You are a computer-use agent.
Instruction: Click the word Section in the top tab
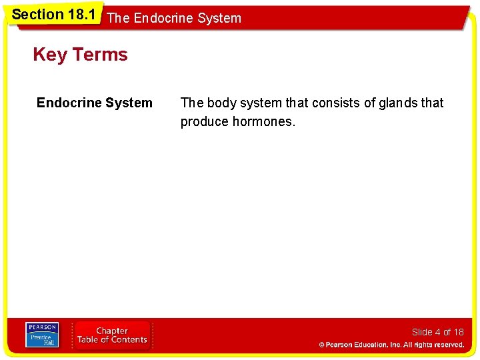38,14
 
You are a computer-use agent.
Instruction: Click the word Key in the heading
49,55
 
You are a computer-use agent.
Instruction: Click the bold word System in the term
128,103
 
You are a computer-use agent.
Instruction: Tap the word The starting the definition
192,103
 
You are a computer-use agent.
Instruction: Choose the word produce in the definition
204,121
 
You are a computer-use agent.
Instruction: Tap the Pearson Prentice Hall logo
41,335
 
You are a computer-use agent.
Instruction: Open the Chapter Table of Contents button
112,335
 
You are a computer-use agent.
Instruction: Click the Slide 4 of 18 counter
437,332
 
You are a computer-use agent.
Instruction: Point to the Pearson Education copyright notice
391,345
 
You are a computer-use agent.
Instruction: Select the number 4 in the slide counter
437,332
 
